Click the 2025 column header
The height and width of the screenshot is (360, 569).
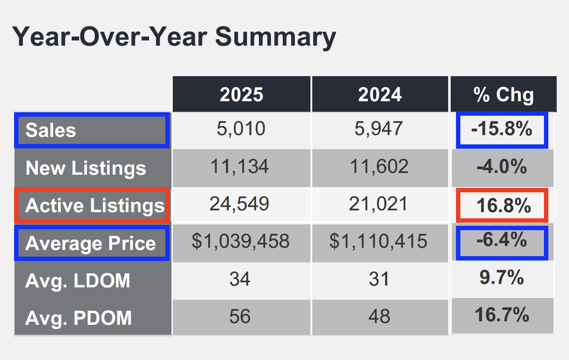241,95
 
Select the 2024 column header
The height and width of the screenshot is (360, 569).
380,95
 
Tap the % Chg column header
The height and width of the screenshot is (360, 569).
503,95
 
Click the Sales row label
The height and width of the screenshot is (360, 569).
51,130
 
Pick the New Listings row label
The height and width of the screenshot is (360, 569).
86,168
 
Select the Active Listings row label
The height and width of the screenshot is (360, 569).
95,206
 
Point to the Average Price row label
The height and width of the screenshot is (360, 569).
91,243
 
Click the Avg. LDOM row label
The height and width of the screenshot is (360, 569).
78,280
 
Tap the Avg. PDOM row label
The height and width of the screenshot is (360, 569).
78,318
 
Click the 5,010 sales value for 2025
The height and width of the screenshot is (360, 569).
241,129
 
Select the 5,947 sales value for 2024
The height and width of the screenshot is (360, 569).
379,129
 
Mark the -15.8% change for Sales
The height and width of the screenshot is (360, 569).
502,129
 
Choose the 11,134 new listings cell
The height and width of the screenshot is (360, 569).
241,167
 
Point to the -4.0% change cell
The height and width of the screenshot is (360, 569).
502,167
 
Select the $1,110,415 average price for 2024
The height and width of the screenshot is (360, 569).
379,241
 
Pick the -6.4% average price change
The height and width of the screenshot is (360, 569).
502,240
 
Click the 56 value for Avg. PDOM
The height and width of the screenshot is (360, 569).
240,316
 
